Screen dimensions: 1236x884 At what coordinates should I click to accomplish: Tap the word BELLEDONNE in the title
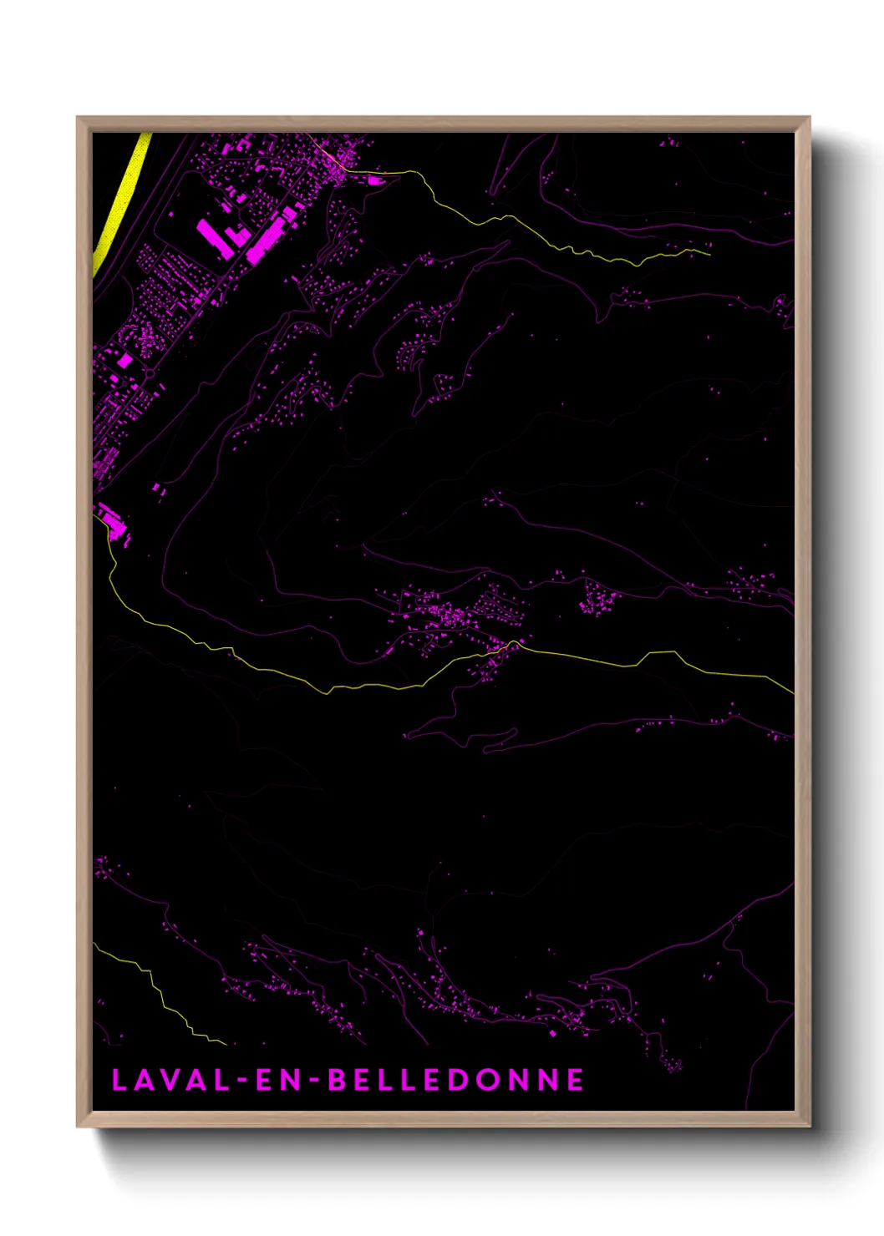(455, 1080)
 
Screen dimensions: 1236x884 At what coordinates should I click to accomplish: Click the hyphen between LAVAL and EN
(242, 1081)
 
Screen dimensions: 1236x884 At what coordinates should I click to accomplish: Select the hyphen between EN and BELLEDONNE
(314, 1081)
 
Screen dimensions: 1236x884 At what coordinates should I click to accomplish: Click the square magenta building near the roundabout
(125, 361)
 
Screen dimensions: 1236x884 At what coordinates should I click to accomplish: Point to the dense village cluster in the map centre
(451, 616)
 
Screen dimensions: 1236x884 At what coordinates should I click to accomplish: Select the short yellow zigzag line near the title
(159, 994)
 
